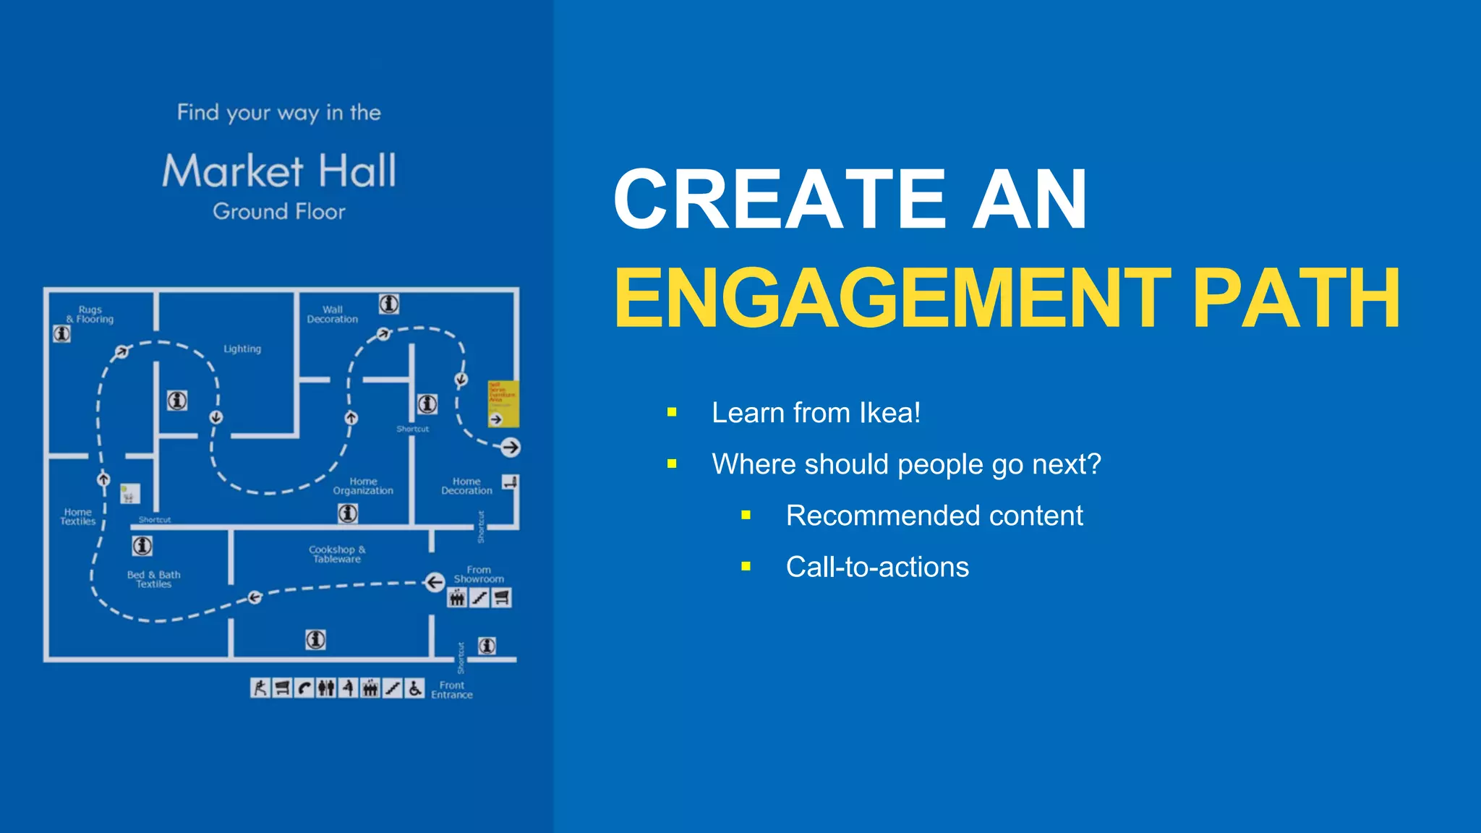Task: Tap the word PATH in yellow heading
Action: coord(1296,299)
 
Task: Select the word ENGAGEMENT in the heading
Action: coord(892,299)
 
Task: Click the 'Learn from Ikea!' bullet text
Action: coord(816,413)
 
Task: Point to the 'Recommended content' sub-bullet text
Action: coord(934,516)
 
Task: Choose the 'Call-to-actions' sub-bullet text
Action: coord(876,567)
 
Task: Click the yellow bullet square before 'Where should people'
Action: coord(672,464)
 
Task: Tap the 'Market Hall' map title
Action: coord(279,171)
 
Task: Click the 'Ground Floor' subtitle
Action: coord(279,212)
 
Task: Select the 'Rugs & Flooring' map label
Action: coord(90,315)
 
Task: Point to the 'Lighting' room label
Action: coord(242,349)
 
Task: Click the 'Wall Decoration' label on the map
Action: coord(332,315)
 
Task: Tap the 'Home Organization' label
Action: coord(363,486)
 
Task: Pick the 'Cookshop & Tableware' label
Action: coord(337,554)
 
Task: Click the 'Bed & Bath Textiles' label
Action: coord(153,579)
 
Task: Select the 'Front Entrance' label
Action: coord(452,690)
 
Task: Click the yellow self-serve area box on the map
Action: coord(503,402)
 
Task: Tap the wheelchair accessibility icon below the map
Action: coord(414,688)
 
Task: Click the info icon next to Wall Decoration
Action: coord(389,304)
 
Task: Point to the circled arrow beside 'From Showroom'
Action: coord(434,582)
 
